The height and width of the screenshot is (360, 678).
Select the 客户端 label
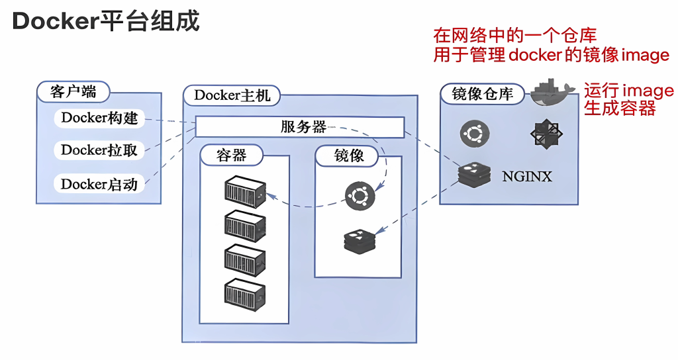coord(73,91)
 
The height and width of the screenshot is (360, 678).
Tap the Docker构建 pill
coord(99,118)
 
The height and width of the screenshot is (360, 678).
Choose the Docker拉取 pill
coord(99,150)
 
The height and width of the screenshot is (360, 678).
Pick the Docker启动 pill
coord(99,184)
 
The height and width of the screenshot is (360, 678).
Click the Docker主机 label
coord(232,95)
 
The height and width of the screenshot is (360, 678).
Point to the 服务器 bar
coord(299,127)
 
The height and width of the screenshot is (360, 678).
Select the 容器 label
coord(232,156)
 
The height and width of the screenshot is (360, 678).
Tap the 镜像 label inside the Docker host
coord(347,156)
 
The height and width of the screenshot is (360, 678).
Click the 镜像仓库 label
coord(482,94)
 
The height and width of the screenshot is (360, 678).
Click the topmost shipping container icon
coord(245,192)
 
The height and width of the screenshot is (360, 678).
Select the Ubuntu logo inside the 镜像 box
coord(359,195)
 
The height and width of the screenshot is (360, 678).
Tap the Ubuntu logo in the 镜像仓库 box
coord(474,134)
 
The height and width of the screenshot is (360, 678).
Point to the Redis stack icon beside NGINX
coord(473,175)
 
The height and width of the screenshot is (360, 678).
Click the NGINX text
coord(526,177)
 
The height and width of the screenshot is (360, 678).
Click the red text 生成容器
coord(619,109)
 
